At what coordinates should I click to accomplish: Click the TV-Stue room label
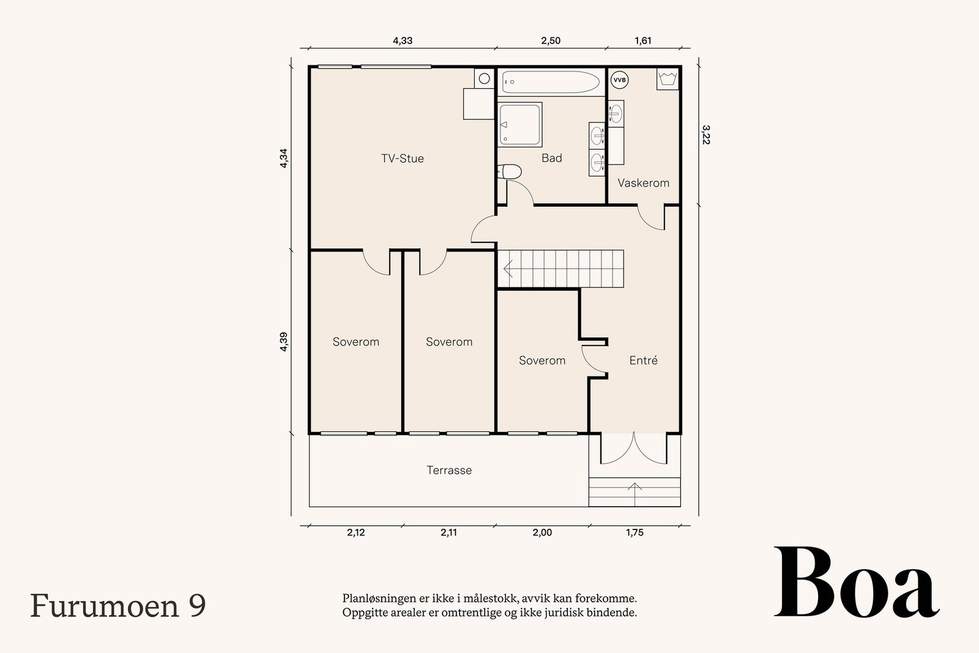coord(402,159)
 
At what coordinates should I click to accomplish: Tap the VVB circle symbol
coord(619,80)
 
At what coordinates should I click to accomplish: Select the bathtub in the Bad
coord(550,82)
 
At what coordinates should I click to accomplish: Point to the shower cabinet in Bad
coord(520,125)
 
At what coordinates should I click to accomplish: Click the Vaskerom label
coord(643,183)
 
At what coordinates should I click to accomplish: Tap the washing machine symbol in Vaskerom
coord(668,80)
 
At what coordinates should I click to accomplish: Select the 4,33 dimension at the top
coord(402,41)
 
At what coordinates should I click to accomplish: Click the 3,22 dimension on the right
coord(705,135)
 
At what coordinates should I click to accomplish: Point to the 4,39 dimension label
coord(283,341)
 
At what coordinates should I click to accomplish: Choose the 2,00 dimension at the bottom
coord(542,532)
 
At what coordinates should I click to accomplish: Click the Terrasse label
coord(449,471)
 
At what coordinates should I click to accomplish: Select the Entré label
coord(643,360)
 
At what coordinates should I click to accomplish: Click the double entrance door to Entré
coord(635,449)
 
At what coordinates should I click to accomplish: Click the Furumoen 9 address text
coord(117,606)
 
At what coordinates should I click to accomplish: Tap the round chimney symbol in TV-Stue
coord(484,78)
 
